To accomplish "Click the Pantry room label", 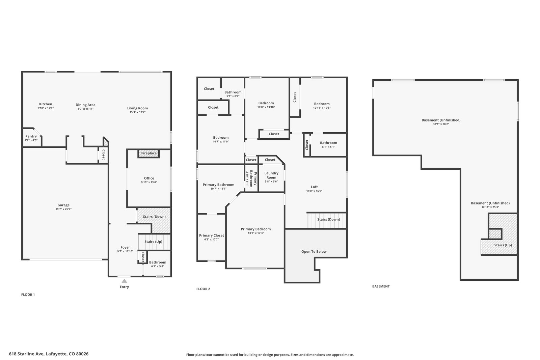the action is coord(31,136).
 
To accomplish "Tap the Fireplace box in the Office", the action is coord(149,154).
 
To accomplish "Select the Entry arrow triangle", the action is coord(124,281).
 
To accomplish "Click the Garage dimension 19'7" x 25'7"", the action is coord(63,209).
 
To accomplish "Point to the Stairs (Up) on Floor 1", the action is coord(153,242).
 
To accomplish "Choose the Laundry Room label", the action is coord(271,175).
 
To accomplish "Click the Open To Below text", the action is coord(314,252).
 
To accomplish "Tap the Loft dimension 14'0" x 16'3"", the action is coord(314,191).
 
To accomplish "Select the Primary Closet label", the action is coord(211,236).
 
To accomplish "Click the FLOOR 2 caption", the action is coord(203,289).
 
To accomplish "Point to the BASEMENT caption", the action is coord(381,286).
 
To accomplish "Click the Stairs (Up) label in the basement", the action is coord(503,245).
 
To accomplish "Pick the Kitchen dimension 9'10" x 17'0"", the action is coord(46,108).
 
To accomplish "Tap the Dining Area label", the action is coord(86,105).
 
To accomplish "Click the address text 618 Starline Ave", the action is coord(27,354).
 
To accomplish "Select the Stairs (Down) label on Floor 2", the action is coord(329,219).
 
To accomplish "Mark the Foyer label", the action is coord(125,247).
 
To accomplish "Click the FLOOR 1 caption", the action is coord(28,295).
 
